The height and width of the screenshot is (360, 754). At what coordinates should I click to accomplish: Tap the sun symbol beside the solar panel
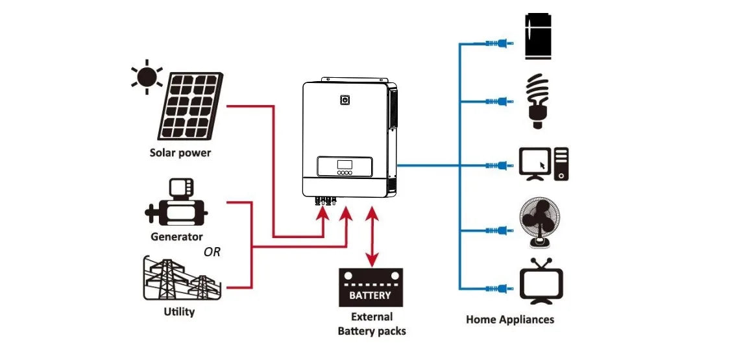(146, 77)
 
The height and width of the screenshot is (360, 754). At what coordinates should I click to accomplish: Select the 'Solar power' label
(180, 153)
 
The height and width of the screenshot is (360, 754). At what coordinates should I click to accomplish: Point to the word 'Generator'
(176, 237)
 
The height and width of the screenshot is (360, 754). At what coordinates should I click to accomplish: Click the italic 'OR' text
(212, 252)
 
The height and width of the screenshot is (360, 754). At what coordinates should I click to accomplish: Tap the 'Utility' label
(179, 312)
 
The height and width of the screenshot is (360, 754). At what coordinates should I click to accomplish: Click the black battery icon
(371, 287)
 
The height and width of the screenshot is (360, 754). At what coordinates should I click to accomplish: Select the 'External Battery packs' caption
(371, 324)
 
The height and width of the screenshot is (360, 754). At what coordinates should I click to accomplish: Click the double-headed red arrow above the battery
(372, 237)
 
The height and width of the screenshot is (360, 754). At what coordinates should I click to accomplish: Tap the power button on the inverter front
(345, 101)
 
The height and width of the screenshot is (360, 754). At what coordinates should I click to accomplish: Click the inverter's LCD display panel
(345, 164)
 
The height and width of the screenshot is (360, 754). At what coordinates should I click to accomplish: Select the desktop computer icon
(544, 164)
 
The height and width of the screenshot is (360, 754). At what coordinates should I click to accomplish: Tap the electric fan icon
(540, 222)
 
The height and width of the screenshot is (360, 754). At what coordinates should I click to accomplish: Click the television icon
(541, 283)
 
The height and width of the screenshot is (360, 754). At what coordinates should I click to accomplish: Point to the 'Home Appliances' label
(510, 319)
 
